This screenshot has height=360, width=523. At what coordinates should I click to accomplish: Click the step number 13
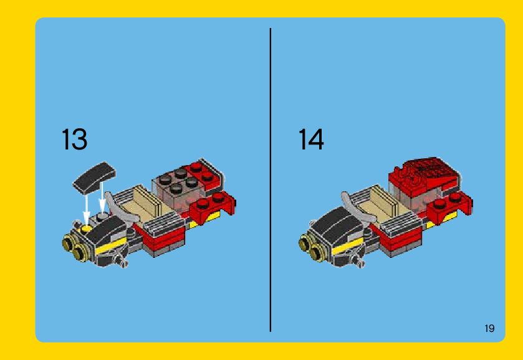(74, 139)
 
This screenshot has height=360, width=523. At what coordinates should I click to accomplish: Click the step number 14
(311, 139)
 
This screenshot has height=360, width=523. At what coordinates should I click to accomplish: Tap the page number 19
(489, 328)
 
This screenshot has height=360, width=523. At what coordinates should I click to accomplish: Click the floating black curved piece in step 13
(94, 177)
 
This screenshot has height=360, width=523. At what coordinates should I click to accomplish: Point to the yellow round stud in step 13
(87, 229)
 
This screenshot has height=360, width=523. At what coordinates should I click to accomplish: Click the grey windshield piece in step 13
(118, 207)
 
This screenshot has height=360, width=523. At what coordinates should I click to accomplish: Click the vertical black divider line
(270, 180)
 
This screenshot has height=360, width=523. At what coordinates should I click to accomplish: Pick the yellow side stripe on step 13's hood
(111, 245)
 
